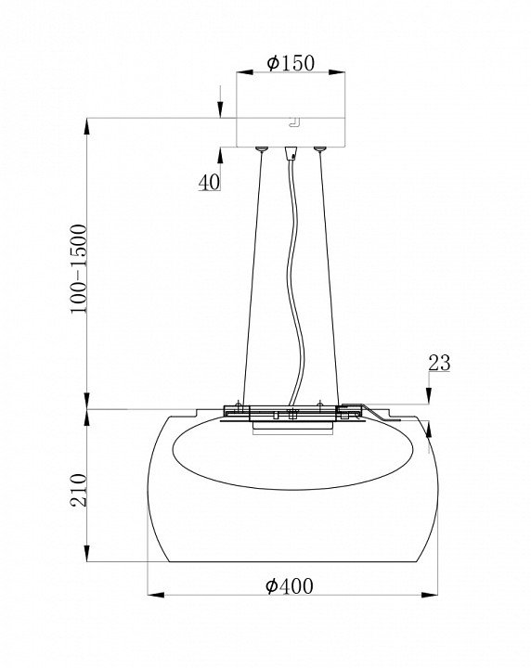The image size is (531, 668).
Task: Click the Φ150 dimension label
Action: (291, 63)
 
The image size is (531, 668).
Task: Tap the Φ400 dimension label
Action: (289, 585)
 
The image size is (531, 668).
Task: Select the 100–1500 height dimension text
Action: (79, 269)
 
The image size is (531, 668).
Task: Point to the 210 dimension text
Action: (78, 490)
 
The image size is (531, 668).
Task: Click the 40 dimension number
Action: (209, 182)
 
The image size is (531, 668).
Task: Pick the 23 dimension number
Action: (439, 363)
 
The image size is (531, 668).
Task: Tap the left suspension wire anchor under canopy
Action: (261, 148)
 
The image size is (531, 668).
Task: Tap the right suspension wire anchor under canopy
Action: (319, 148)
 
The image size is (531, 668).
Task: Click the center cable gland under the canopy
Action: (291, 152)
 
